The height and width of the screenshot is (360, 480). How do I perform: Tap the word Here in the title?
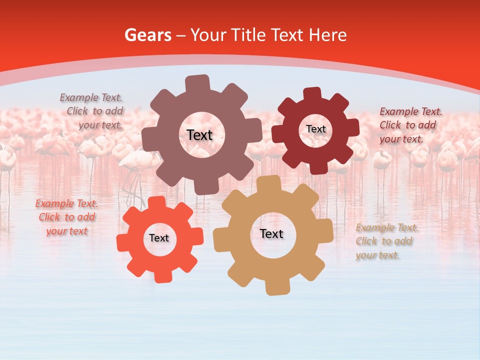tap(327, 35)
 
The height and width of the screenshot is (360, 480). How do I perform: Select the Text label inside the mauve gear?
tap(199, 135)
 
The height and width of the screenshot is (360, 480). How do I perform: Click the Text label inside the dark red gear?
tap(316, 129)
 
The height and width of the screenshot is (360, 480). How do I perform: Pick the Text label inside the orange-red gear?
tap(159, 238)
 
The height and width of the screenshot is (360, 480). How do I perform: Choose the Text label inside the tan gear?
tap(271, 233)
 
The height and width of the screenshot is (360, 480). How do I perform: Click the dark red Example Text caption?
tap(410, 125)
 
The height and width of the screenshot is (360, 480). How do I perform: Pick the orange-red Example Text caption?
tap(66, 217)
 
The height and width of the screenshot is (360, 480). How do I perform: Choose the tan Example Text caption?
tap(386, 241)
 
